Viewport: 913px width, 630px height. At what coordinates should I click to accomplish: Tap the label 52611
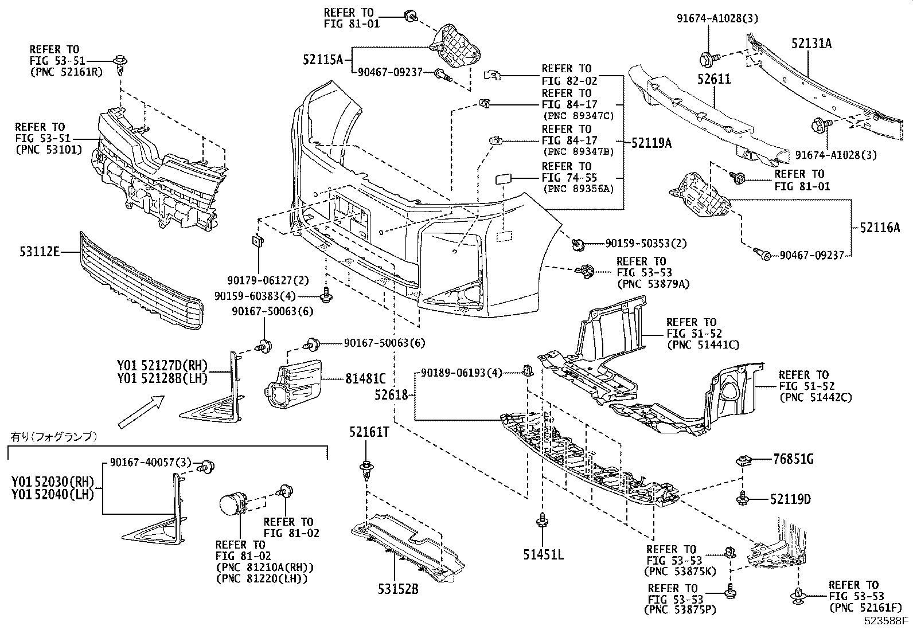click(714, 79)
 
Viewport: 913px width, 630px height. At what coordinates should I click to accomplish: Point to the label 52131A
click(811, 43)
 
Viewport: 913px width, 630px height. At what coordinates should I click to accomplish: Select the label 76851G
click(793, 459)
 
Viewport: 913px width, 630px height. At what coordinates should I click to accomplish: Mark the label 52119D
click(791, 500)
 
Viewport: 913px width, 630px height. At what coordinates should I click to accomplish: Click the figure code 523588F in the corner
click(887, 620)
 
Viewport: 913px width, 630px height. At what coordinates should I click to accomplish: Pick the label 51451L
click(543, 554)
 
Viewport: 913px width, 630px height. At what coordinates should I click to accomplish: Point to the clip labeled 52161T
click(365, 472)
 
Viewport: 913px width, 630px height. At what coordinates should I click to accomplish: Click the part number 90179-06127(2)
click(260, 280)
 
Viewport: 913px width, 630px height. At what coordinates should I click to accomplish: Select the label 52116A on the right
click(880, 228)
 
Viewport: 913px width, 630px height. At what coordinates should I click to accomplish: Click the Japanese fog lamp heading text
click(54, 437)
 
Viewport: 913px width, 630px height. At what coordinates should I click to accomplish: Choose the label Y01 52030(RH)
click(52, 480)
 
